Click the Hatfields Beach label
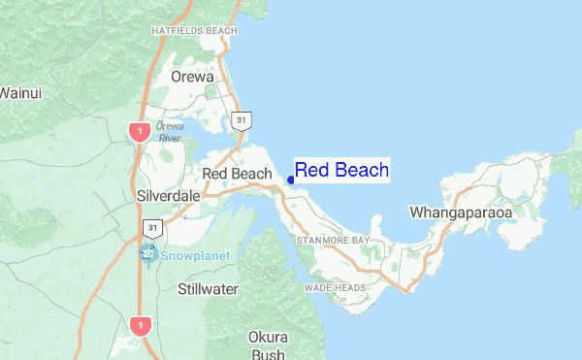(194, 31)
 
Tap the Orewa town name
(191, 76)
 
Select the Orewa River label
(170, 132)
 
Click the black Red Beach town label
(236, 174)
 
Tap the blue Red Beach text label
(341, 170)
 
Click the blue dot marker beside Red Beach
(291, 180)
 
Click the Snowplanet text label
(191, 257)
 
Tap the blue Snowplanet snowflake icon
(148, 254)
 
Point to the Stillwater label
(209, 289)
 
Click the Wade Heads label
(335, 288)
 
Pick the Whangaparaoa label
(461, 211)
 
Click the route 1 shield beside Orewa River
(141, 131)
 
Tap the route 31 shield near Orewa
(242, 121)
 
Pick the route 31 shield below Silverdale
(152, 228)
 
